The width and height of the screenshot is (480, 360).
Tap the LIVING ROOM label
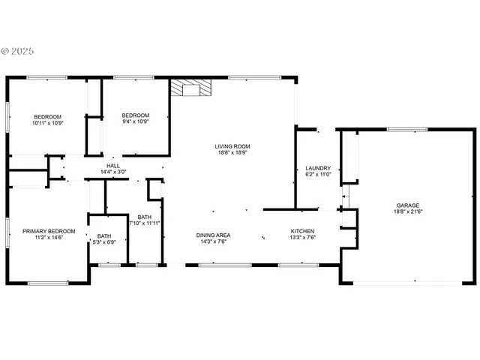pos(232,146)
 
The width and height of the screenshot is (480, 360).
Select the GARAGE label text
pos(408,205)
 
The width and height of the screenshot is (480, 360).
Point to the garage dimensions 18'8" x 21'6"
pos(408,212)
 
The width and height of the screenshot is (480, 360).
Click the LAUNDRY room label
pos(318,168)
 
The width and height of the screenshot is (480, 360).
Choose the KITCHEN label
pos(302,231)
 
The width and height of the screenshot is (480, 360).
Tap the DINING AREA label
pos(213,235)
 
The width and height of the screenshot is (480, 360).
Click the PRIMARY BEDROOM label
pos(49,231)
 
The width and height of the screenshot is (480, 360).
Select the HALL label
pos(113,166)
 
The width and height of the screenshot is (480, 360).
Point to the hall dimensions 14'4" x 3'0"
pos(113,172)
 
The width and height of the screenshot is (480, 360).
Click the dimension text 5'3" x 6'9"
pos(104,242)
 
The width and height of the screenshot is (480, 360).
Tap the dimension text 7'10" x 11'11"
pos(144,223)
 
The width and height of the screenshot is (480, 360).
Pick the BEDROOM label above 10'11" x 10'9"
pos(46,116)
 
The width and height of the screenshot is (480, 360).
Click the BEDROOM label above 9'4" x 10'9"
pos(136,115)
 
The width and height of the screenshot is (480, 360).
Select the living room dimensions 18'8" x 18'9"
pos(232,152)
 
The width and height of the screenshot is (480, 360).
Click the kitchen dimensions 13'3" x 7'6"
pos(302,237)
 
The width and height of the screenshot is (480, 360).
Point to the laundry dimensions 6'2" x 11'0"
pos(318,174)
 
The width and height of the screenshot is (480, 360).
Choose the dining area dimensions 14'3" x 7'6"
pos(213,241)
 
